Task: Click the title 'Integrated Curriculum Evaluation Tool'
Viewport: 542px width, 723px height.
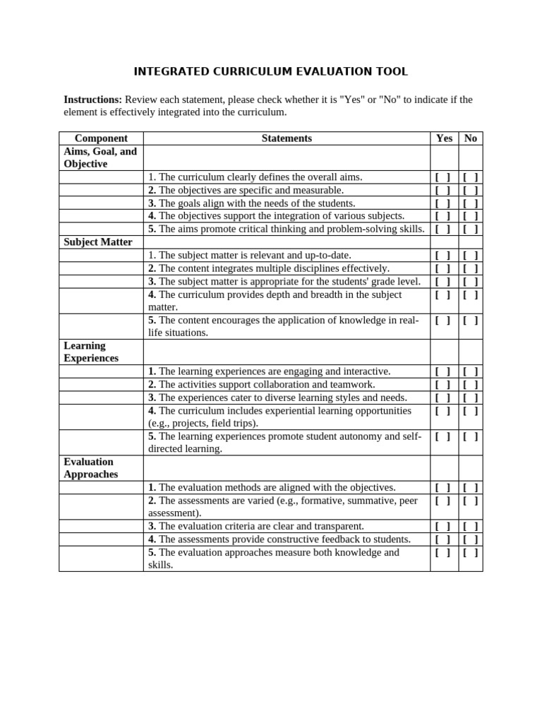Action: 271,71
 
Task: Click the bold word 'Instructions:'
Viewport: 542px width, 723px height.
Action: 93,100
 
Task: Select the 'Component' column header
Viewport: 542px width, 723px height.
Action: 101,138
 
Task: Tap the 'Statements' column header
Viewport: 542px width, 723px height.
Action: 287,138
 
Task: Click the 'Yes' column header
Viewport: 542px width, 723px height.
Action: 444,138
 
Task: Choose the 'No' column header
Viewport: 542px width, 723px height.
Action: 471,138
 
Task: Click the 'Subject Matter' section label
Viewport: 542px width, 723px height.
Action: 98,242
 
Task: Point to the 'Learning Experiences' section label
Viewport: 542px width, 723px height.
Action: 91,352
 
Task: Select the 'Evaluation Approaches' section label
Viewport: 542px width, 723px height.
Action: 91,468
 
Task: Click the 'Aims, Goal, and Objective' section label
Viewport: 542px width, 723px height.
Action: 100,157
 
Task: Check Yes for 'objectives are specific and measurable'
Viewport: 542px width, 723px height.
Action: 443,191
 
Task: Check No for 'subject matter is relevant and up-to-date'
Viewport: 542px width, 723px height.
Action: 471,256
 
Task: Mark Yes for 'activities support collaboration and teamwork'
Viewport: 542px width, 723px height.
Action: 443,385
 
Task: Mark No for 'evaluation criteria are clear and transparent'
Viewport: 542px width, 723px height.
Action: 471,527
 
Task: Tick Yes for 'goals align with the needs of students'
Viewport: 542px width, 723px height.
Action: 443,203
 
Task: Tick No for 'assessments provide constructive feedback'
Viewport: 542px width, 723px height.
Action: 471,539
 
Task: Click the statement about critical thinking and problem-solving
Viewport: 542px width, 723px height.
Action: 287,229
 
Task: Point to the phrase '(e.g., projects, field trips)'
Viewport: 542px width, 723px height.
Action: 203,424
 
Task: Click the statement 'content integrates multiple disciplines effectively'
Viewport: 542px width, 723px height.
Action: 269,268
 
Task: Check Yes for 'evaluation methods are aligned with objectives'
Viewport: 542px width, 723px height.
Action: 443,488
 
